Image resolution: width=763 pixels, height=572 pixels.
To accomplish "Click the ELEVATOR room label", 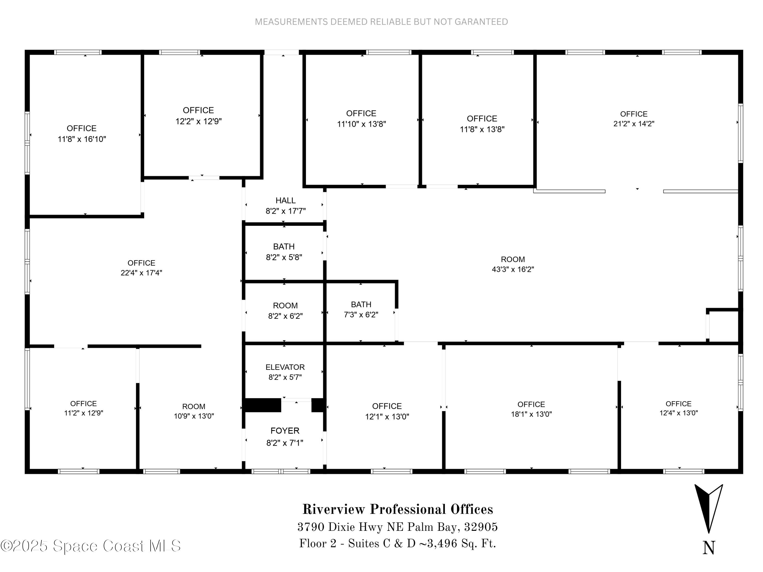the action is tap(285, 367).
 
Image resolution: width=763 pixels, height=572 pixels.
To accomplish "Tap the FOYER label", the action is tap(285, 431).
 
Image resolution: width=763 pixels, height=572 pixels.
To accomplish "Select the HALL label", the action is tap(285, 200).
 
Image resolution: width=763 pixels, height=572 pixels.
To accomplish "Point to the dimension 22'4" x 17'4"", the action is tap(141, 273).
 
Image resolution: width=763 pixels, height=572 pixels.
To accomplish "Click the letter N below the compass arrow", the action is tap(709, 548).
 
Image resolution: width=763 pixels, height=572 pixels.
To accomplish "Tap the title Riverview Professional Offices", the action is tap(398, 509).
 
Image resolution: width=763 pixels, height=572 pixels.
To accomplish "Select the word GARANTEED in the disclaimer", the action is tap(481, 22).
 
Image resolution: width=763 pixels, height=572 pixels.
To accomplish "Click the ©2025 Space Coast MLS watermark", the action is tap(90, 546).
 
